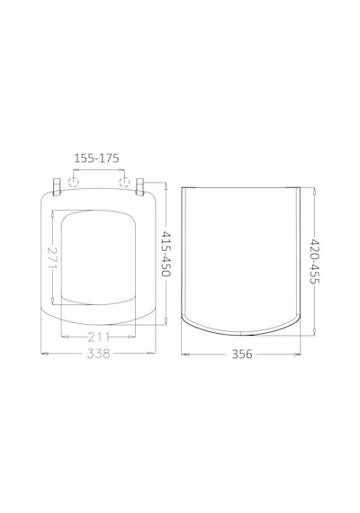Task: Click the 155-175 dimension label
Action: pyautogui.click(x=96, y=158)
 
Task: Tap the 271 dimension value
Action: pyautogui.click(x=53, y=257)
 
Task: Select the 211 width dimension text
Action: pyautogui.click(x=98, y=337)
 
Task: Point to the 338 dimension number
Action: pyautogui.click(x=98, y=354)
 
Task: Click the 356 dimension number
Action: pyautogui.click(x=242, y=354)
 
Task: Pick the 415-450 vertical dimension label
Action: pyautogui.click(x=166, y=254)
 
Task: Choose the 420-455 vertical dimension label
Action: pyautogui.click(x=314, y=262)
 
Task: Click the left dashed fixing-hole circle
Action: pyautogui.click(x=74, y=182)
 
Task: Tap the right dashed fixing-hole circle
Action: pyautogui.click(x=124, y=182)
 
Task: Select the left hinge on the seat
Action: pyautogui.click(x=57, y=186)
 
